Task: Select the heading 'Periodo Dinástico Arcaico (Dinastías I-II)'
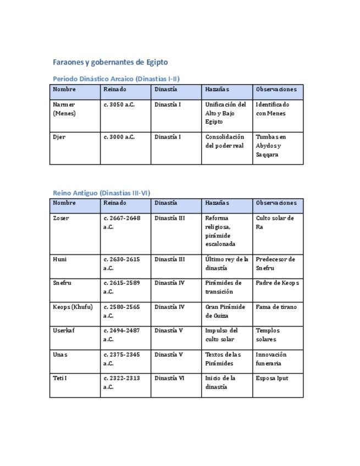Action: [116, 79]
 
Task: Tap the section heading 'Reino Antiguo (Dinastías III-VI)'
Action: [101, 193]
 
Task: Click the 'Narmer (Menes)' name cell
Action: [64, 109]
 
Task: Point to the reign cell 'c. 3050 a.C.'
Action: [119, 104]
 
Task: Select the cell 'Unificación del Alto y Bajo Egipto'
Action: [225, 113]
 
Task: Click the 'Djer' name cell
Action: [59, 137]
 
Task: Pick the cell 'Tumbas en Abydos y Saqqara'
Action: [272, 146]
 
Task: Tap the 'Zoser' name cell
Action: [61, 218]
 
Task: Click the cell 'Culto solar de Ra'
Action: [275, 222]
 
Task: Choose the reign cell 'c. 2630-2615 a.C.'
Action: [121, 264]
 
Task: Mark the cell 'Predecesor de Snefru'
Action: [275, 264]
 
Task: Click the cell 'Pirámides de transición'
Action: [223, 287]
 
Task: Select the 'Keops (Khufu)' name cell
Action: [73, 307]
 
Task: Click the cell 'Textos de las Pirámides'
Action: [223, 359]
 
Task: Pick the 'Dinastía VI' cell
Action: [169, 378]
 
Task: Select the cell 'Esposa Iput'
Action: [272, 378]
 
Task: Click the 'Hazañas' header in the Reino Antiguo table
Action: [217, 203]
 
